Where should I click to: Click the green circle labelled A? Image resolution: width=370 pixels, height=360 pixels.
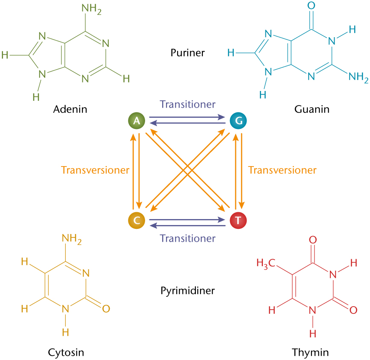(x=137, y=121)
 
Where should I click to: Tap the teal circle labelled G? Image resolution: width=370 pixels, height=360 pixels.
(x=238, y=121)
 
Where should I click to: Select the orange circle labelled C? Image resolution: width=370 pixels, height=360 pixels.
(x=137, y=221)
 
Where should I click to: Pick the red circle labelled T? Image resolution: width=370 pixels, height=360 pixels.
(x=238, y=221)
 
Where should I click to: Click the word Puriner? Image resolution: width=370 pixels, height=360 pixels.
(x=187, y=53)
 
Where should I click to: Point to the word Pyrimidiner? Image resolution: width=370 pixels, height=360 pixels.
(x=187, y=291)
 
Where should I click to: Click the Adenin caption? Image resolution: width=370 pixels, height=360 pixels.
(x=70, y=109)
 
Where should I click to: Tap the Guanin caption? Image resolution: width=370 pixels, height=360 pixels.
(x=312, y=109)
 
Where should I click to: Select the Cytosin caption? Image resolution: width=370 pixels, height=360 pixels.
(x=66, y=352)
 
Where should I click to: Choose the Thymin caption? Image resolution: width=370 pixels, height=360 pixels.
(x=311, y=352)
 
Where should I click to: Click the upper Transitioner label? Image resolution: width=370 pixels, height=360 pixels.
(x=187, y=104)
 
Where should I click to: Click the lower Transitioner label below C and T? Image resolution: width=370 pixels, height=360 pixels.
(x=187, y=238)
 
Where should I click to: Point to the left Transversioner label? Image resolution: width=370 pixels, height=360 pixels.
(x=95, y=170)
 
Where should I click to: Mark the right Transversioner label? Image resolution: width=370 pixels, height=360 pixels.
(x=282, y=170)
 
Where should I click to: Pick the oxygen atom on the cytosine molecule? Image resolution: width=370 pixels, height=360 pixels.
(x=106, y=308)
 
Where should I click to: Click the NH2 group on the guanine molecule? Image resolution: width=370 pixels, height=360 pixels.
(x=358, y=77)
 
